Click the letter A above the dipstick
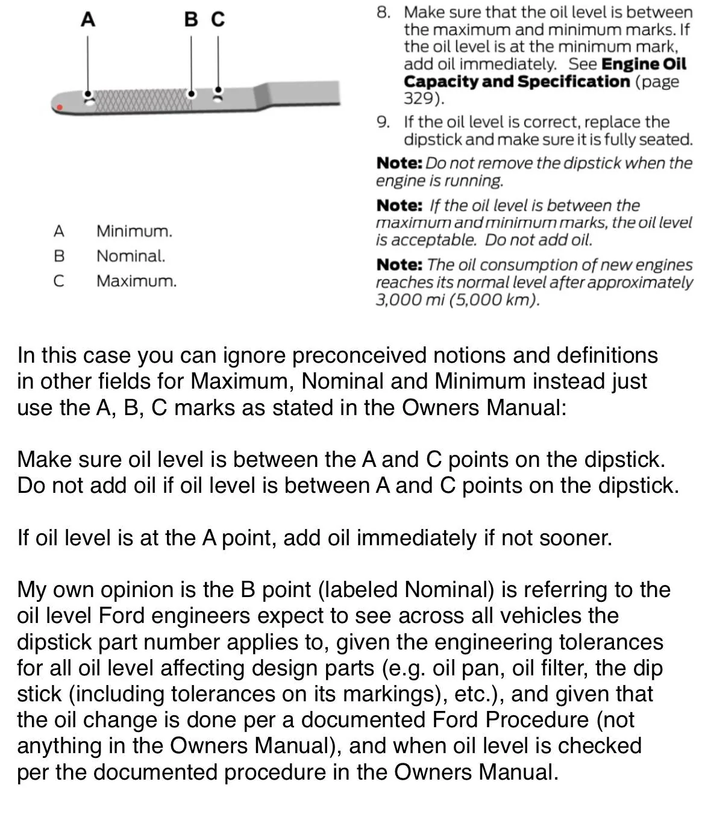coord(88,20)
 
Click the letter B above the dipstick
coord(191,20)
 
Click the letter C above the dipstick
coord(218,20)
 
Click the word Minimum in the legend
coord(134,231)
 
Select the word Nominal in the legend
coord(130,256)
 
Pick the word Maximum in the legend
coord(136,281)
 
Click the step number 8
coord(383,13)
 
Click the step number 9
coord(383,122)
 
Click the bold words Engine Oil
coord(644,64)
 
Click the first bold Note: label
coord(399,163)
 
